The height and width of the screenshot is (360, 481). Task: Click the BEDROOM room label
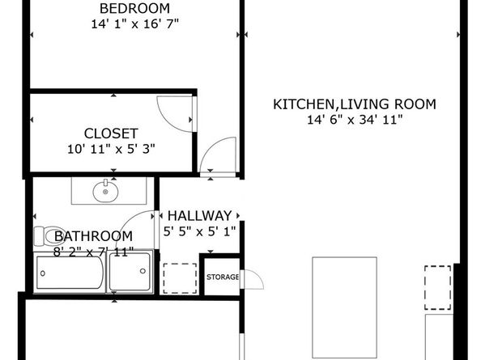134,8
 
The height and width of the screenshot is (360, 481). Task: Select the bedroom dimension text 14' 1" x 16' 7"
134,24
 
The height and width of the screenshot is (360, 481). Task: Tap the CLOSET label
111,133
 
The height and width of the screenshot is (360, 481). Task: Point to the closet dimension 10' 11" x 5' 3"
111,149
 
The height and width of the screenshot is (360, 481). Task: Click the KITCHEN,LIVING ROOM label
355,104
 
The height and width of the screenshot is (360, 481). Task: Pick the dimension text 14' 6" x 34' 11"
355,120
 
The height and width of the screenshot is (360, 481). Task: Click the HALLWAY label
199,216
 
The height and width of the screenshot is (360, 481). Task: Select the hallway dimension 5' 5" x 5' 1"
199,231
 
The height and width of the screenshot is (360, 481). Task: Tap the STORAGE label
223,277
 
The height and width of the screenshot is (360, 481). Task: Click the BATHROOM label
94,236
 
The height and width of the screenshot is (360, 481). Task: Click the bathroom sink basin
105,192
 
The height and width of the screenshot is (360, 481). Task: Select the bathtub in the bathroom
70,273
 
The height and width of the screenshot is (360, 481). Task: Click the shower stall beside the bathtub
130,271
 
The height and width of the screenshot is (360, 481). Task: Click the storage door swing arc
258,275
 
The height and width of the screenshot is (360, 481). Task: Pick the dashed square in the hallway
180,278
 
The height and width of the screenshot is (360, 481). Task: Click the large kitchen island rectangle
344,307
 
